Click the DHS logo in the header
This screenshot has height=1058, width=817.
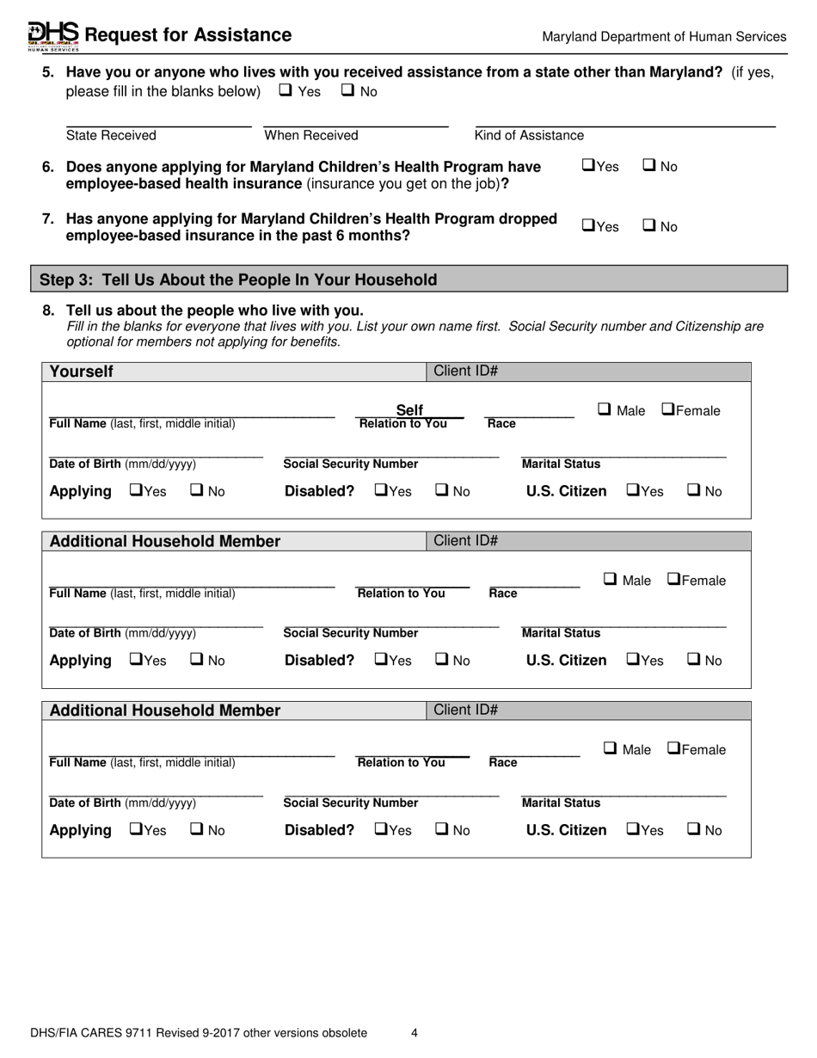click(53, 34)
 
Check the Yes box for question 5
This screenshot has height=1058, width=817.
click(286, 90)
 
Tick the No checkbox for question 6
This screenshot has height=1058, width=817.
click(649, 166)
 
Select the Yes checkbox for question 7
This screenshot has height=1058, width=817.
click(588, 226)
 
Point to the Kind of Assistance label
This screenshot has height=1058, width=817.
click(529, 135)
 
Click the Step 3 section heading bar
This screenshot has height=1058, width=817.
click(409, 280)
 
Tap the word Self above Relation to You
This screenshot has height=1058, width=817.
click(409, 410)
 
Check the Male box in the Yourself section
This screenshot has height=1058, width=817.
click(605, 410)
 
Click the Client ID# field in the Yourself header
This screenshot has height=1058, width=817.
click(587, 372)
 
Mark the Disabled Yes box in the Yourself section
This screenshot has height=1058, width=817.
click(380, 490)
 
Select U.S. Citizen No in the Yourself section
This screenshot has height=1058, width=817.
click(694, 490)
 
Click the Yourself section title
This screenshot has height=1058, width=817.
click(81, 372)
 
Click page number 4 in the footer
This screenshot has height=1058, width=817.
click(415, 1033)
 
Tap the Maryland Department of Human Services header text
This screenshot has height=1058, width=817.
click(664, 37)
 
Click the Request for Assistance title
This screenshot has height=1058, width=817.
click(188, 35)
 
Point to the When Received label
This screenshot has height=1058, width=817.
click(311, 135)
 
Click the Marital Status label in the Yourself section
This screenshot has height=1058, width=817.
click(562, 464)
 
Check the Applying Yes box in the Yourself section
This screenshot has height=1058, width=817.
click(135, 490)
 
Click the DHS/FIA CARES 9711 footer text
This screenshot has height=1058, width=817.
click(198, 1033)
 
